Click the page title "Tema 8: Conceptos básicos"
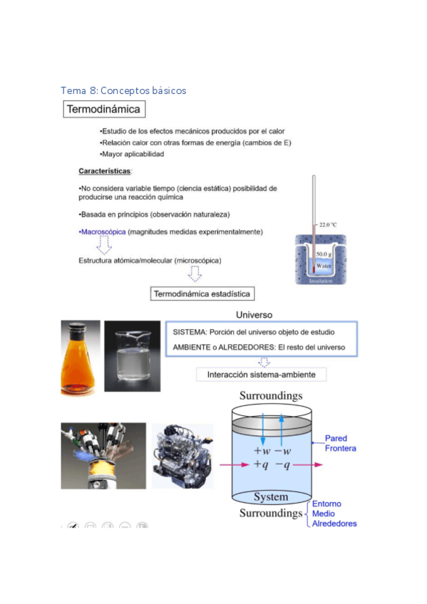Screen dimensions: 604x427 point(123,90)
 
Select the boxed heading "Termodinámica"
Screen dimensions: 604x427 point(104,110)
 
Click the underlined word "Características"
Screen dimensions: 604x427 point(105,172)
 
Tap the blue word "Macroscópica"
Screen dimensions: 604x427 point(103,232)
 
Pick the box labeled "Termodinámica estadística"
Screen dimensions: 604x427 point(203,293)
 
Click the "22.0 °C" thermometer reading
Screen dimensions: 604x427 point(328,224)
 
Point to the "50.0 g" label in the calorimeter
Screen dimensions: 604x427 point(324,254)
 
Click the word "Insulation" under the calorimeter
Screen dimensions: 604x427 point(321,281)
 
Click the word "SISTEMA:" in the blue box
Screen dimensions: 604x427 point(190,333)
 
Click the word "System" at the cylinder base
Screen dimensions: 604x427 point(271,496)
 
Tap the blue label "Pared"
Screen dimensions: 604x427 point(336,438)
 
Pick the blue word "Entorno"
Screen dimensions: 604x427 point(327,504)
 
